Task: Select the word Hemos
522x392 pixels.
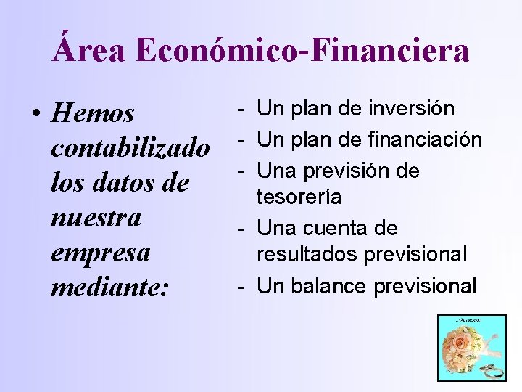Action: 94,113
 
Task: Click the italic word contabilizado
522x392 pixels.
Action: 130,148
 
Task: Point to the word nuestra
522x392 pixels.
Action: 96,218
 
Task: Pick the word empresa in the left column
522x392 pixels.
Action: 101,253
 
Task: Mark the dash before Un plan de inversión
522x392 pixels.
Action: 240,110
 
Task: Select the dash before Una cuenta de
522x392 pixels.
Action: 240,229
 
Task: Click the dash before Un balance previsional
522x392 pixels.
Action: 240,287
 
